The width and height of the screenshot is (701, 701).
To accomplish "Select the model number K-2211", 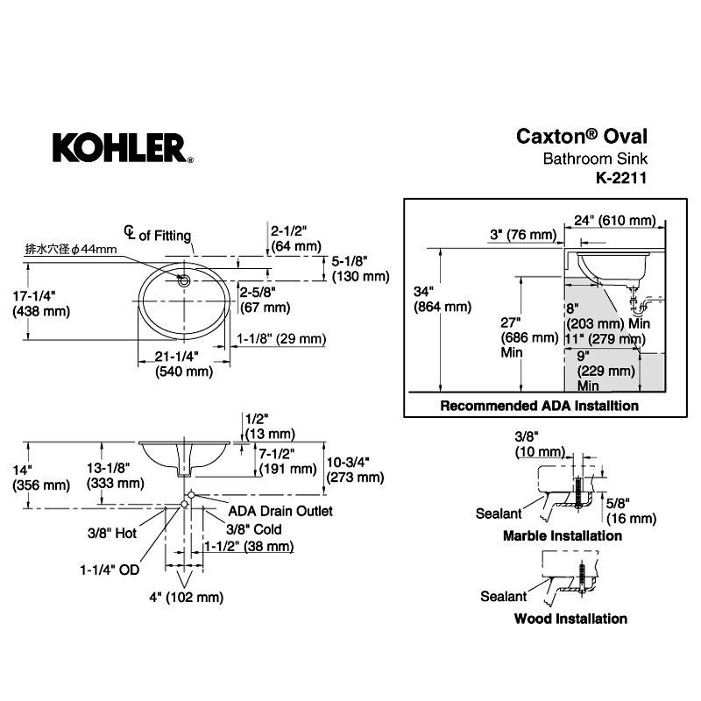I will coord(619,176).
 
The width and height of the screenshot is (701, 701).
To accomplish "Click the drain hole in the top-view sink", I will coord(184,280).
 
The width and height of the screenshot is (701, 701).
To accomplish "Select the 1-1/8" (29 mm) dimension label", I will coord(281,339).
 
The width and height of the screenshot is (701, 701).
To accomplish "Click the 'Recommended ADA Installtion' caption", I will coord(539,406).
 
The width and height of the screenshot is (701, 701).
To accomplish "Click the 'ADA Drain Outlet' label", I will coord(280,510).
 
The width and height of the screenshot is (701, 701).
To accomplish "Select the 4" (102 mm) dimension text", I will coord(186,598).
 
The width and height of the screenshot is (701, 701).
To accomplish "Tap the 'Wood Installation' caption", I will coord(570,618).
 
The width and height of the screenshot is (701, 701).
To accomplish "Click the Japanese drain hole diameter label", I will coord(70,250).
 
